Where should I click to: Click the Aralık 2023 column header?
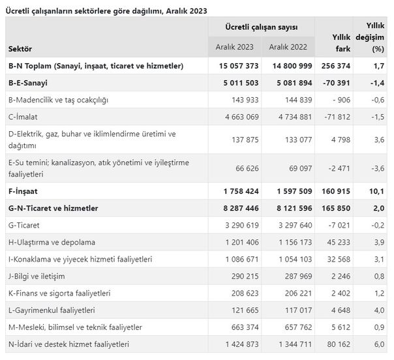(x=234, y=47)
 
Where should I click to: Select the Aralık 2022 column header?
(x=288, y=47)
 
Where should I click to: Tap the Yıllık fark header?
(x=341, y=43)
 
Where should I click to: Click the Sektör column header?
(x=20, y=49)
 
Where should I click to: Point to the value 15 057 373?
(x=239, y=66)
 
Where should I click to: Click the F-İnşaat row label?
(x=23, y=191)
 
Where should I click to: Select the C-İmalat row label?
(x=23, y=117)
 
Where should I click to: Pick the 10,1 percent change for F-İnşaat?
(x=376, y=191)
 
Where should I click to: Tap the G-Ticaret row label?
(x=24, y=225)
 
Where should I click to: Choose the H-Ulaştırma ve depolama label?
(x=52, y=242)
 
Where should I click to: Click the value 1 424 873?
(x=242, y=344)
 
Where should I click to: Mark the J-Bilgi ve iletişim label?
(x=37, y=277)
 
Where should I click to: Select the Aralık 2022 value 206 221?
(x=298, y=293)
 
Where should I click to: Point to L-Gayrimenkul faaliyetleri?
(x=52, y=310)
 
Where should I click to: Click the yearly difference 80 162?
(x=339, y=344)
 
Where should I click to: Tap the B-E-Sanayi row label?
(x=28, y=83)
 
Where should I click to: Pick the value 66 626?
(x=247, y=168)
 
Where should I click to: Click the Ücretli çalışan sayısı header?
(x=262, y=27)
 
